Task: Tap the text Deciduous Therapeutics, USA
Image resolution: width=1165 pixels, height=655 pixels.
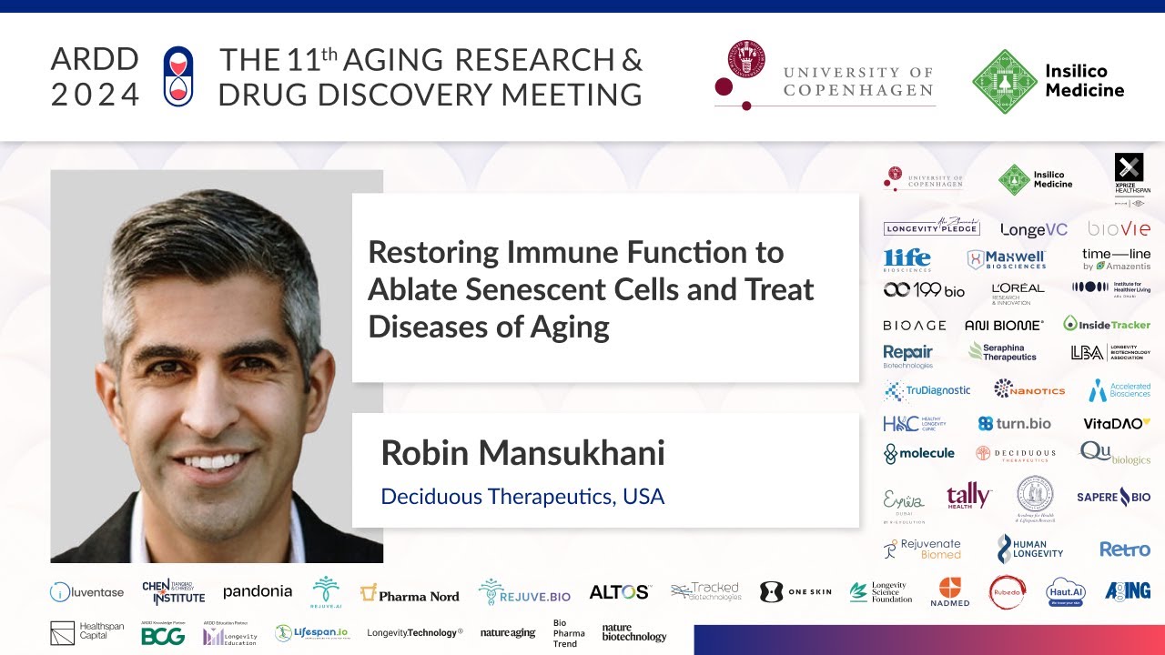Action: [522, 497]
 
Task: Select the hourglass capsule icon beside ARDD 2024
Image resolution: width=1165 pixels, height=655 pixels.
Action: [178, 76]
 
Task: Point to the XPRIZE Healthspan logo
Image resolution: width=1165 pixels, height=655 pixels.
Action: [1129, 173]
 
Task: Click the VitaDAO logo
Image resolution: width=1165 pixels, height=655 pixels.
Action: [1116, 423]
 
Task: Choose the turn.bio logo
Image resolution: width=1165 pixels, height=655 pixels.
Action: [1014, 423]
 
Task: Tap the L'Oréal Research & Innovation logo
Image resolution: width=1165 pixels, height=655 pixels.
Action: [1018, 292]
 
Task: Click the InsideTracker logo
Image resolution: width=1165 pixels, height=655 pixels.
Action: [1107, 324]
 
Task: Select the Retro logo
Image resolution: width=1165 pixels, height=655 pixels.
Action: [1124, 549]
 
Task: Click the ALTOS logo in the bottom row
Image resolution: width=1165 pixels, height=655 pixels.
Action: [619, 592]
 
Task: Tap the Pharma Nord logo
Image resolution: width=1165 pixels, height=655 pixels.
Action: [410, 594]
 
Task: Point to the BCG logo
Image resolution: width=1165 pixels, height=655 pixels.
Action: [163, 635]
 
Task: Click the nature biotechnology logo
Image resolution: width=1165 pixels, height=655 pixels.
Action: [634, 633]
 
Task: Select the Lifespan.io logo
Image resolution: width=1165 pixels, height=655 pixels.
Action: [311, 633]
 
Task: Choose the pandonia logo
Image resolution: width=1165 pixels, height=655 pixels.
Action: [258, 591]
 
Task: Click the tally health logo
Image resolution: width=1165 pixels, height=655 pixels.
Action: [968, 496]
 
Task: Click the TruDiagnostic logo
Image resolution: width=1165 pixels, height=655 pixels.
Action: [927, 390]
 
